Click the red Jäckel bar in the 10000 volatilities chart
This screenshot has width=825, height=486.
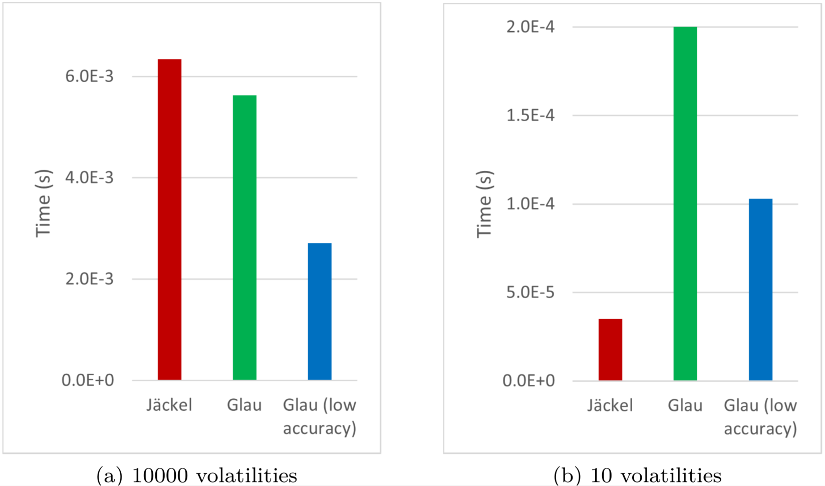[x=169, y=219]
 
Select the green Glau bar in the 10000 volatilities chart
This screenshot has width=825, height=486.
[x=244, y=237]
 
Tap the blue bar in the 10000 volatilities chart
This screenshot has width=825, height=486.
[x=320, y=311]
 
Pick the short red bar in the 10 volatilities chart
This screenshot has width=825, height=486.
[x=610, y=349]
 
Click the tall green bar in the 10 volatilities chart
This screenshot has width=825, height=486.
[x=685, y=203]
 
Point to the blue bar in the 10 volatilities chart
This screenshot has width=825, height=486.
[x=760, y=290]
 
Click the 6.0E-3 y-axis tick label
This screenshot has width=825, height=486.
[x=89, y=76]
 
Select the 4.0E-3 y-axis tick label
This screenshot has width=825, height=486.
[x=89, y=177]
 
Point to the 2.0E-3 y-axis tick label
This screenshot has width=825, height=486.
[x=89, y=279]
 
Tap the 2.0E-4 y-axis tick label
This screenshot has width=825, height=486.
[x=530, y=27]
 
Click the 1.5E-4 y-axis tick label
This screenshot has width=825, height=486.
[x=530, y=115]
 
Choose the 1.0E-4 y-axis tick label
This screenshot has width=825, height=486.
[x=530, y=203]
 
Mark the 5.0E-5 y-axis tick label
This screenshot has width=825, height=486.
[x=530, y=292]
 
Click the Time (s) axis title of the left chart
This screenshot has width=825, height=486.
[x=44, y=203]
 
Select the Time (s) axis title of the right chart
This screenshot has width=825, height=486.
[x=484, y=204]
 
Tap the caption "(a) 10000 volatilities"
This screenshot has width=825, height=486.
[x=196, y=475]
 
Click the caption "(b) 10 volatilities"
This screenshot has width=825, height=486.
[x=637, y=475]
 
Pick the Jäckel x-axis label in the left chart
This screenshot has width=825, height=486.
[x=169, y=405]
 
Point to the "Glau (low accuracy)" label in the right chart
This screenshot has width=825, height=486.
[x=760, y=417]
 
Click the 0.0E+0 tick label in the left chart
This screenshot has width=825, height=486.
[x=88, y=380]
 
